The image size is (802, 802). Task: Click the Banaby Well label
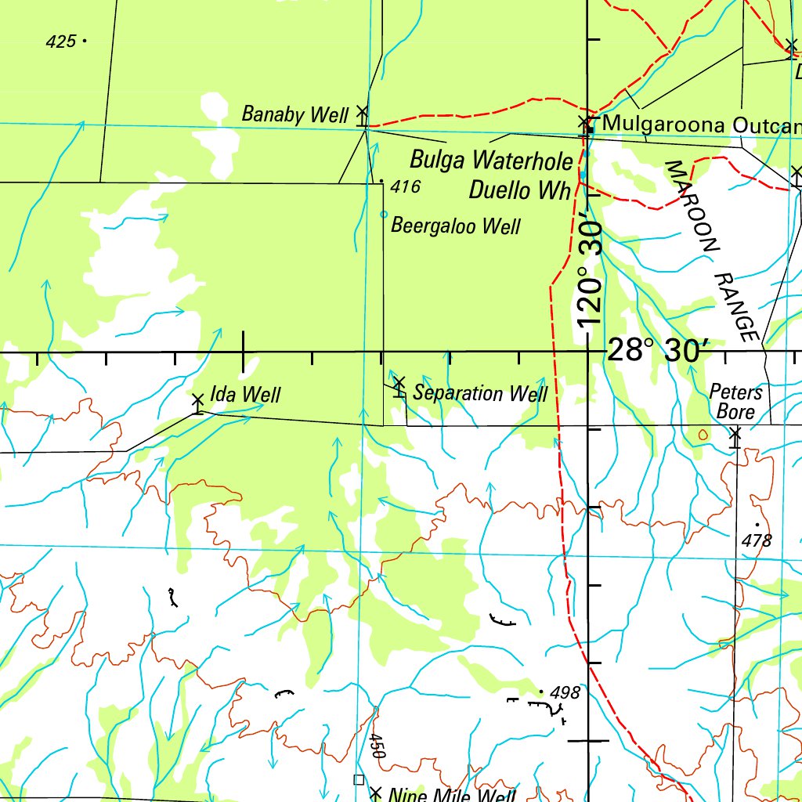294,114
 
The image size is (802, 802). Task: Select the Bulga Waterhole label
491,161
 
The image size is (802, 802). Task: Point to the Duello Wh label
519,190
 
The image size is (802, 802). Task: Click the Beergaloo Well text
455,226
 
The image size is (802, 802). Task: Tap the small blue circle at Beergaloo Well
383,214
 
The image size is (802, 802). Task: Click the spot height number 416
406,186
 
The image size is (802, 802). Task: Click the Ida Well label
245,394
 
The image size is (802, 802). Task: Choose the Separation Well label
480,392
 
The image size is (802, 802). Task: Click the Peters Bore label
735,401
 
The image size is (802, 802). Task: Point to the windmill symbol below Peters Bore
735,435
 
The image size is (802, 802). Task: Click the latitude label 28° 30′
658,350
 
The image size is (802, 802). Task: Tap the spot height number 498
565,693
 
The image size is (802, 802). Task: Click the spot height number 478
756,540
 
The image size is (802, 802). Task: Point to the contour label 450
377,746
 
